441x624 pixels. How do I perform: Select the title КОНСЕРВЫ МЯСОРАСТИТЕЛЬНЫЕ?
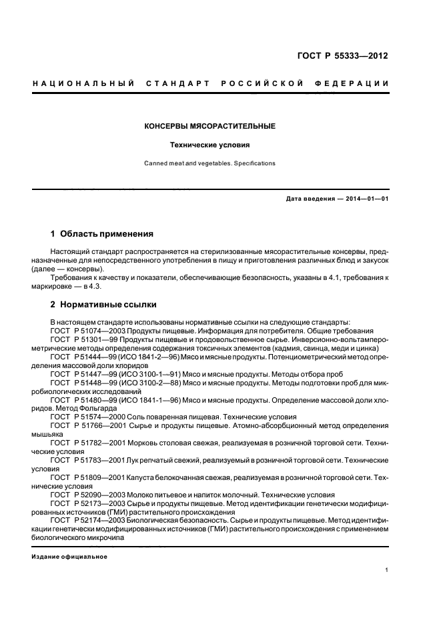[210, 126]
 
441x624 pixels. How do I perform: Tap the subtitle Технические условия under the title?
[210, 145]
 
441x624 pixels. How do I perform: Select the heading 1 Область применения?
[102, 234]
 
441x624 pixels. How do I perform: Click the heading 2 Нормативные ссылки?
[104, 305]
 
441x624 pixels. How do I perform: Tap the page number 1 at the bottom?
[387, 571]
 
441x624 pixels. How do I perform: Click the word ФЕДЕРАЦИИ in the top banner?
[356, 83]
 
